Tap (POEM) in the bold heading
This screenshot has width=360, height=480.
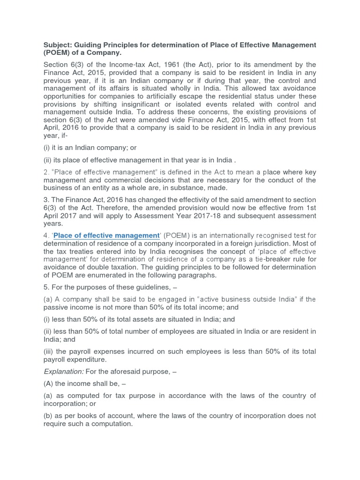point(58,53)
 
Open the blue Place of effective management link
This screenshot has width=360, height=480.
point(106,235)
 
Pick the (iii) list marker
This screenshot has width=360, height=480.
point(48,352)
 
